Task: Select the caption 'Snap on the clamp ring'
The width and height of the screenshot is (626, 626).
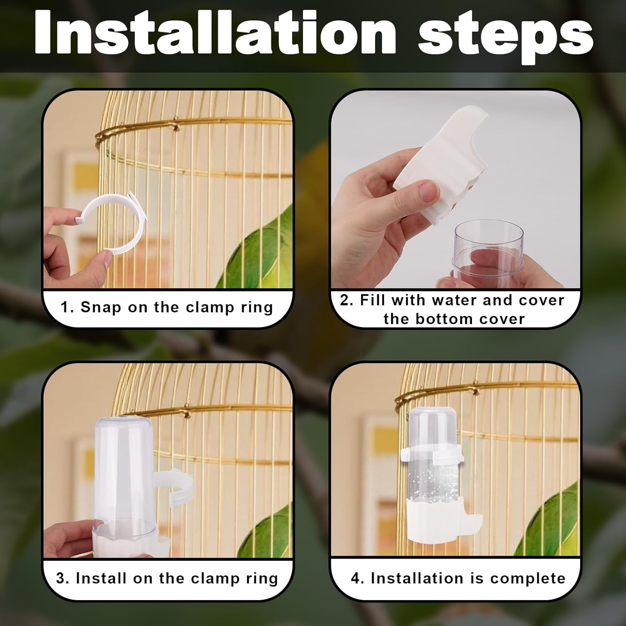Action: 167,308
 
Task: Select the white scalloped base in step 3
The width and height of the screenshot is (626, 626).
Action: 125,543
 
